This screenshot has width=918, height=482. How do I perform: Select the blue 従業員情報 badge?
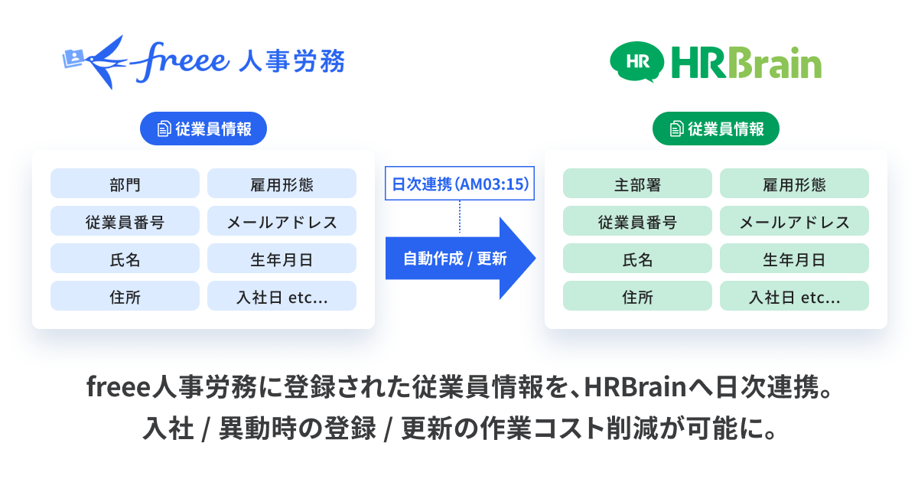pyautogui.click(x=203, y=129)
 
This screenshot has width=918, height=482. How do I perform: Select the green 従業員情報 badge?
pyautogui.click(x=715, y=129)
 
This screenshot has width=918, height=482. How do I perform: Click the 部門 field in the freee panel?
pyautogui.click(x=125, y=184)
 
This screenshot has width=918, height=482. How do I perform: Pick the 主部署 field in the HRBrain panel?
pyautogui.click(x=637, y=184)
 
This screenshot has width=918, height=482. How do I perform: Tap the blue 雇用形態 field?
pyautogui.click(x=282, y=184)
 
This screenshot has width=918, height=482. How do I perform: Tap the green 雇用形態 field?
pyautogui.click(x=794, y=184)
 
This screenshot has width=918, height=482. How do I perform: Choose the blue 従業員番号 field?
pyautogui.click(x=125, y=221)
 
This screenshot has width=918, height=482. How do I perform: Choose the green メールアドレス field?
pyautogui.click(x=794, y=221)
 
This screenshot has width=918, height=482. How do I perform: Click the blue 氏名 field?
pyautogui.click(x=125, y=259)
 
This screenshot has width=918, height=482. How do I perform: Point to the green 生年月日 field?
pyautogui.click(x=794, y=259)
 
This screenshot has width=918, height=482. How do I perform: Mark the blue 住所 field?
pyautogui.click(x=125, y=296)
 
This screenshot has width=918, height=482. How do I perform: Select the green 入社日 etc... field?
pyautogui.click(x=794, y=296)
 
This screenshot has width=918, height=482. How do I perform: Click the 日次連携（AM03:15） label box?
pyautogui.click(x=460, y=184)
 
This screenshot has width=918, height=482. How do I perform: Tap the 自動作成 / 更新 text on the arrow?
pyautogui.click(x=454, y=259)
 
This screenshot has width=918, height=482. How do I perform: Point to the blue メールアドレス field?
pyautogui.click(x=282, y=221)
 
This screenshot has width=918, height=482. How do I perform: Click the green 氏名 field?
pyautogui.click(x=637, y=259)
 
